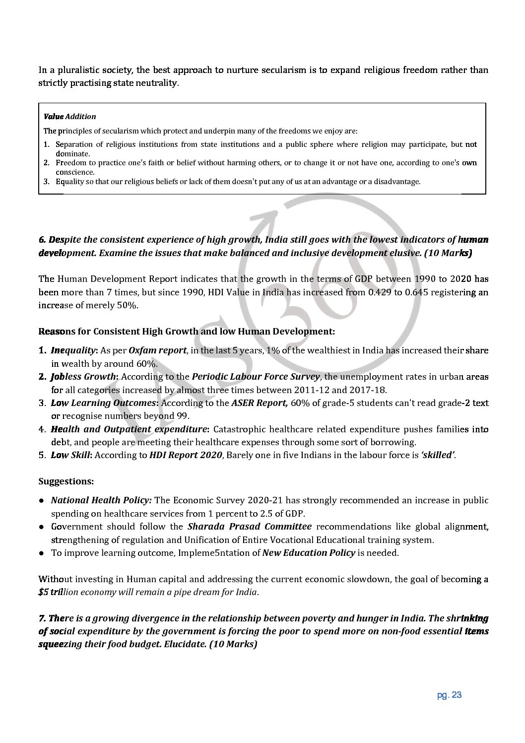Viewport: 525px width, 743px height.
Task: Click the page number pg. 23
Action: click(x=449, y=695)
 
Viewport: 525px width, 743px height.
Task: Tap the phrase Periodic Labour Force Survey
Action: click(x=256, y=377)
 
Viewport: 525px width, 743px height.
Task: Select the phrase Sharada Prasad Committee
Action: click(x=250, y=527)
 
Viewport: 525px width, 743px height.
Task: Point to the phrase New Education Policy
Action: click(x=309, y=552)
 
